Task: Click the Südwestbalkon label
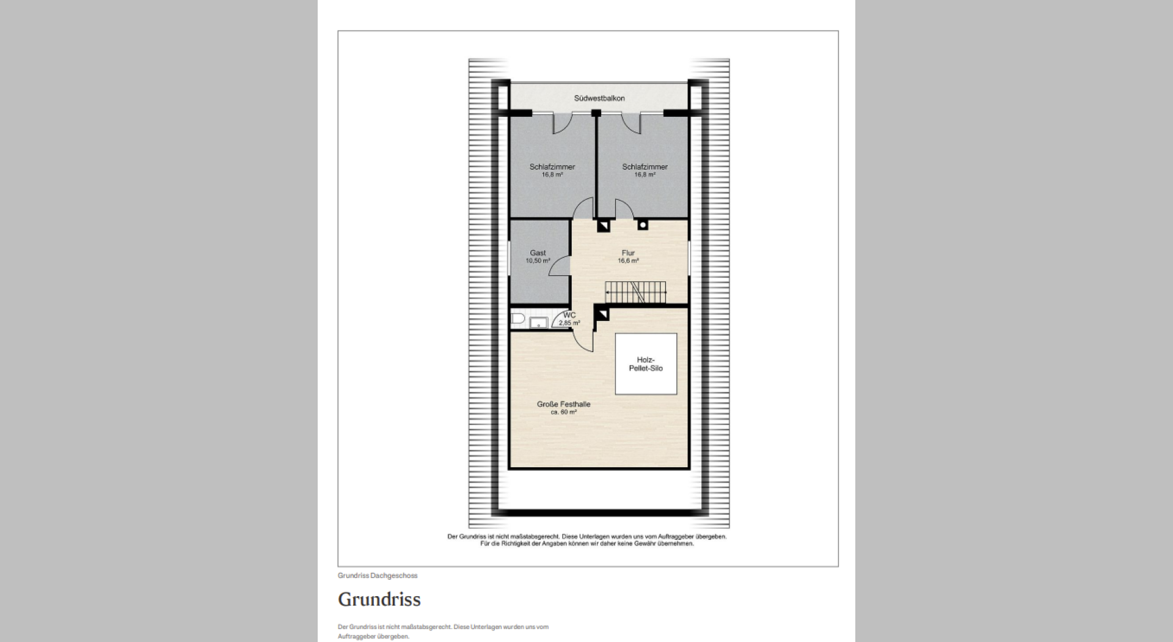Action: tap(599, 98)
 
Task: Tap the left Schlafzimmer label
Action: tap(552, 166)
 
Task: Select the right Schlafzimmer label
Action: tap(645, 166)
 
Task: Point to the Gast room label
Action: tap(538, 253)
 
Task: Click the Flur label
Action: tap(628, 253)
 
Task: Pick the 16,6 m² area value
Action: tap(628, 261)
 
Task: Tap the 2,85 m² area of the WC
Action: tap(569, 323)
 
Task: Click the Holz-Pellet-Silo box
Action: tap(646, 364)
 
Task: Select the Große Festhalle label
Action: tap(563, 404)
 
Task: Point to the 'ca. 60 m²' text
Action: tap(563, 412)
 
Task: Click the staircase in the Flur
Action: tap(635, 292)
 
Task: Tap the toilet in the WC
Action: tap(517, 319)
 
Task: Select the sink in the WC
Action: tap(538, 323)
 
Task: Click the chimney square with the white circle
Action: tap(643, 224)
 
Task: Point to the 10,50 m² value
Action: tap(538, 261)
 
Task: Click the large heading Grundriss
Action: tap(379, 599)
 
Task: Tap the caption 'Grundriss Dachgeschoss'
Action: tap(378, 575)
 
